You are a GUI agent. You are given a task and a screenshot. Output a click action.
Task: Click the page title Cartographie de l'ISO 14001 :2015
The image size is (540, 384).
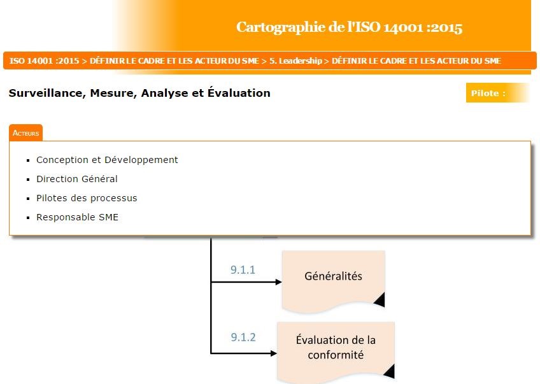click(x=349, y=27)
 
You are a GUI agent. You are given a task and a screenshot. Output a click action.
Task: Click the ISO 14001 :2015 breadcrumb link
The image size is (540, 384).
click(x=44, y=61)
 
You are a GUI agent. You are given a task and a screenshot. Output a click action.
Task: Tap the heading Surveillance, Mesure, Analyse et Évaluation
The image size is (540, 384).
click(x=139, y=93)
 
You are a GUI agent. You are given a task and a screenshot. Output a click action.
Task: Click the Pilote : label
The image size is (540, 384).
click(x=488, y=93)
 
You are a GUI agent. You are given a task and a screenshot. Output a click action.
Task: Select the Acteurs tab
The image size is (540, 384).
click(x=26, y=133)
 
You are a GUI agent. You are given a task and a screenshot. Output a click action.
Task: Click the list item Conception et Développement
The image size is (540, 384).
click(x=107, y=160)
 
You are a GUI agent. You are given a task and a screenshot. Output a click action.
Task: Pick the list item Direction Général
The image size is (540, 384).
click(x=77, y=179)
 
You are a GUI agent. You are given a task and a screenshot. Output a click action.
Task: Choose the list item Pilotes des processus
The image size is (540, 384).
click(x=87, y=198)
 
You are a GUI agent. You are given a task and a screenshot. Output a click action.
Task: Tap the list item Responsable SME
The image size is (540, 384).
click(x=77, y=217)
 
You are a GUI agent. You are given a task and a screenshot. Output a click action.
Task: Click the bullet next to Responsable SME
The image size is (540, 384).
click(x=29, y=218)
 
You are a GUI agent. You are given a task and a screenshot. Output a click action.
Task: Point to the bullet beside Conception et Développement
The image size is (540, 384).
click(x=29, y=160)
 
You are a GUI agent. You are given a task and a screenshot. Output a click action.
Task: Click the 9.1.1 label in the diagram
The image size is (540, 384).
click(x=243, y=270)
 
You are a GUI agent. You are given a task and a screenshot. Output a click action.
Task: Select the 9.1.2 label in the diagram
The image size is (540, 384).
click(x=243, y=337)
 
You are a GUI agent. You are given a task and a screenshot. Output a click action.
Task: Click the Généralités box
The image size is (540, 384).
click(x=333, y=277)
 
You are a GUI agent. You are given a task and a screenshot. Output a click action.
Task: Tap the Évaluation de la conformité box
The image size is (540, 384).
click(x=336, y=348)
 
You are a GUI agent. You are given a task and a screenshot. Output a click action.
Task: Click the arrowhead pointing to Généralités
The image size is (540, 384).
click(x=278, y=281)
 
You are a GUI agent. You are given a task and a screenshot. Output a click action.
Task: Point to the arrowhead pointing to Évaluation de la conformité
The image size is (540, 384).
click(x=273, y=352)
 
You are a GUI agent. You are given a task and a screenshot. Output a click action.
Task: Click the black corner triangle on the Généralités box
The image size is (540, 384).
click(x=379, y=299)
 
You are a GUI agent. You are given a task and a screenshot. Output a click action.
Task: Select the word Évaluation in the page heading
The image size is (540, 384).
click(x=239, y=93)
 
